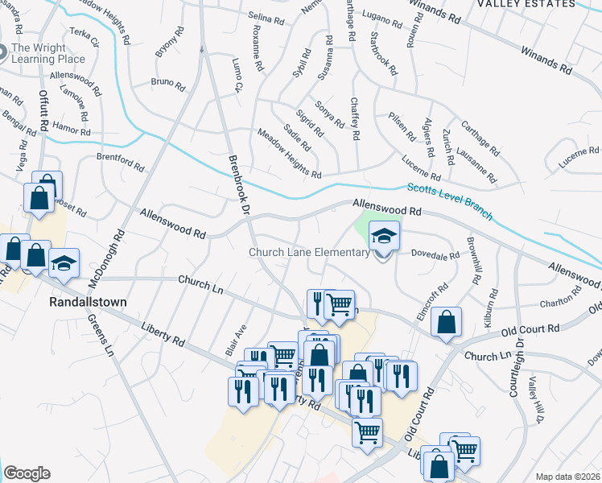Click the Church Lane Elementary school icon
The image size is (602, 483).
[385, 237]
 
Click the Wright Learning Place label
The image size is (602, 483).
[48, 53]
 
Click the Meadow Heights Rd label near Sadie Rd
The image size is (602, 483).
[289, 154]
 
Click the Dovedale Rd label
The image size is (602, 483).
[435, 254]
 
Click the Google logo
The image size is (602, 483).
[27, 473]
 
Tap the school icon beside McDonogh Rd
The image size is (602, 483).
[64, 265]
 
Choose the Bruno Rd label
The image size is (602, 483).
[167, 82]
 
